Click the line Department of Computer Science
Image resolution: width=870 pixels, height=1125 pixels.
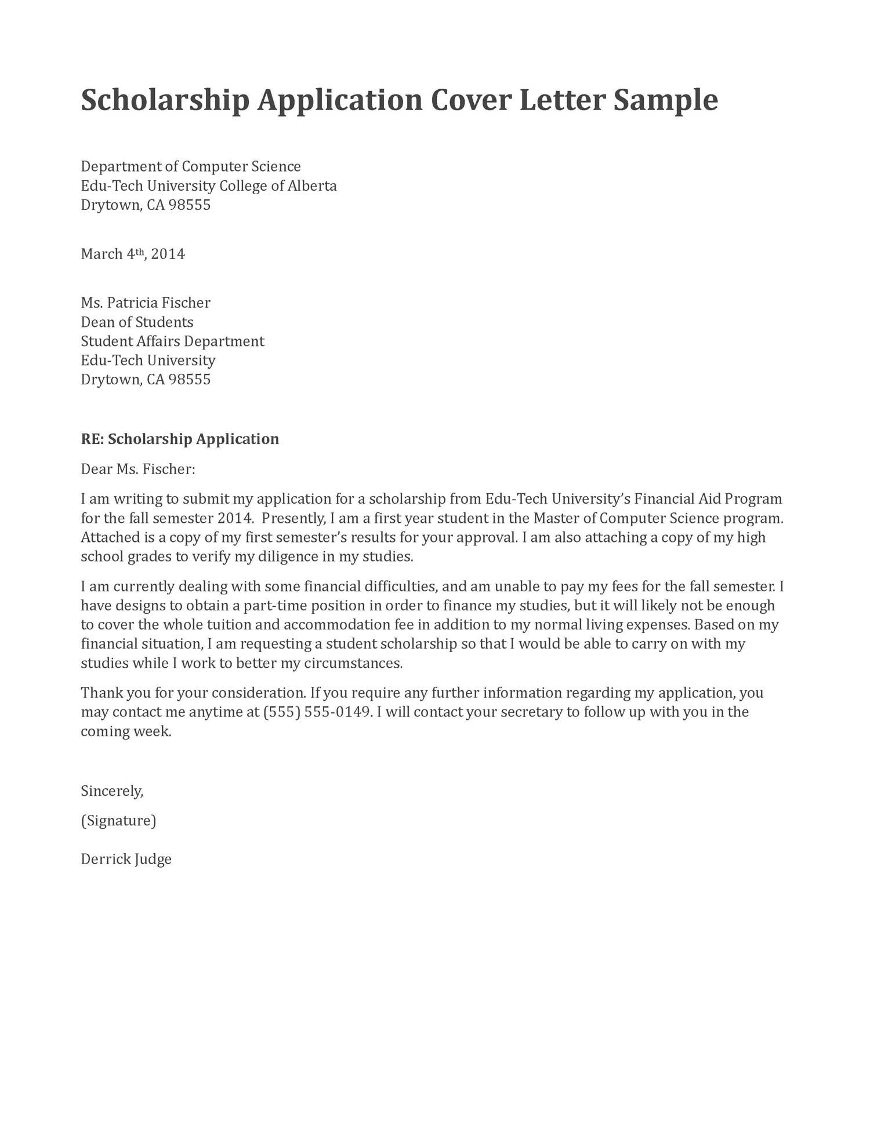click(x=190, y=167)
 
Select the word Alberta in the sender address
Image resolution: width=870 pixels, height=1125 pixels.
click(x=312, y=186)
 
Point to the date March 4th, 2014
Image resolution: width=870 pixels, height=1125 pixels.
click(x=132, y=254)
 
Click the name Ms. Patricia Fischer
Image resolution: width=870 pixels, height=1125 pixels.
click(x=145, y=303)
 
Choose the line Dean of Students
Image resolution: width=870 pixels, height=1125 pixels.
click(x=137, y=322)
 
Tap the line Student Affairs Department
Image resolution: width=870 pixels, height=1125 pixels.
click(x=172, y=341)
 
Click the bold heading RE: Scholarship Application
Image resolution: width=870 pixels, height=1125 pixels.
click(x=180, y=439)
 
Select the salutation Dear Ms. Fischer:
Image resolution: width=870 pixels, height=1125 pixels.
click(x=137, y=469)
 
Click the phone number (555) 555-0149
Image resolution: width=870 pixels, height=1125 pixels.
click(x=317, y=712)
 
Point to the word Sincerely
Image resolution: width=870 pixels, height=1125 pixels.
click(x=111, y=791)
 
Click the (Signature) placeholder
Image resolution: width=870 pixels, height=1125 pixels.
click(x=118, y=821)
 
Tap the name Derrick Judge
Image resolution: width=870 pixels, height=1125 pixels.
click(x=126, y=859)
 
